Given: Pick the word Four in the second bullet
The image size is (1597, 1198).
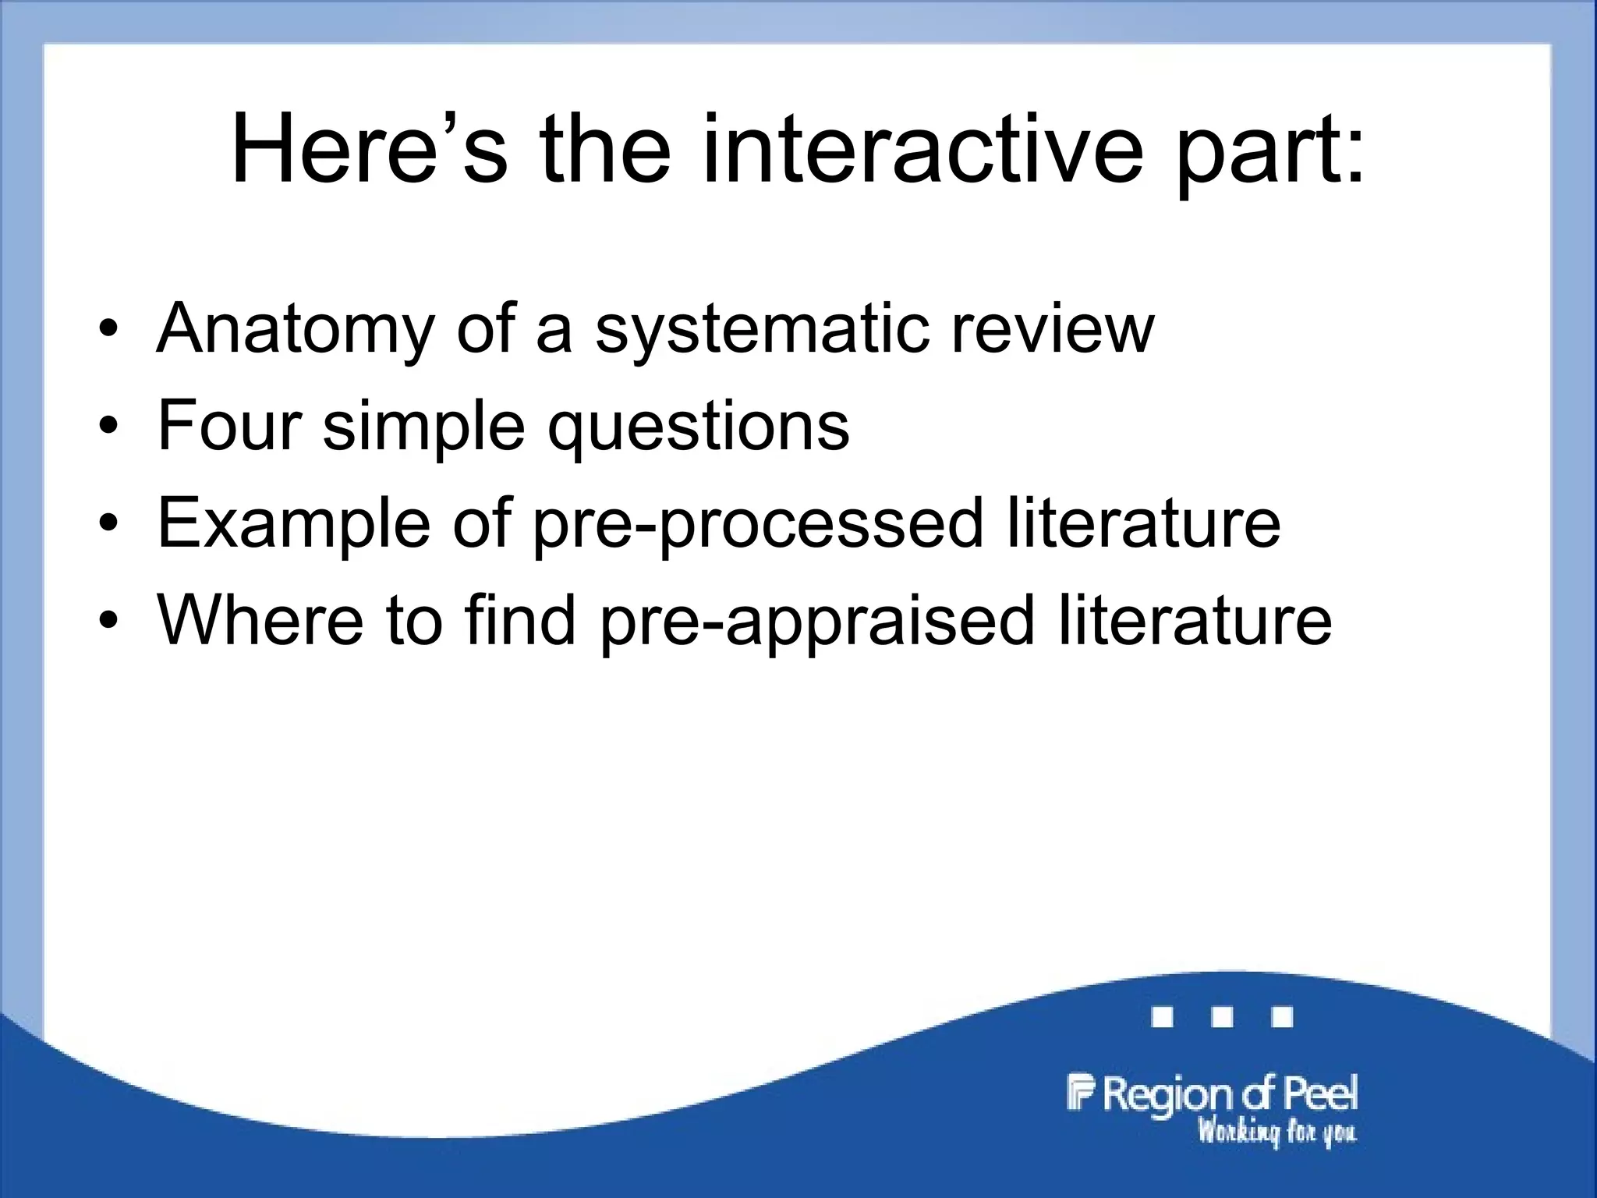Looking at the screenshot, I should click(x=229, y=425).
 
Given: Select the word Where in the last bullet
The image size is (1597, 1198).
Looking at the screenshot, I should click(x=260, y=620).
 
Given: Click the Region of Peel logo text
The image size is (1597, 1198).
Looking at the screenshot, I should click(x=1213, y=1093).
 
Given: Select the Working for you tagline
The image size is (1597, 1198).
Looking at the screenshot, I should click(x=1277, y=1131).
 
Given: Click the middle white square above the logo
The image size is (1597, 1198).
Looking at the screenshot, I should click(x=1222, y=1017).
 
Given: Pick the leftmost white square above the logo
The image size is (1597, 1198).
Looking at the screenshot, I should click(x=1162, y=1017).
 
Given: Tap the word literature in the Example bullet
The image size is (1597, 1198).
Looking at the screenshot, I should click(x=1144, y=523).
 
